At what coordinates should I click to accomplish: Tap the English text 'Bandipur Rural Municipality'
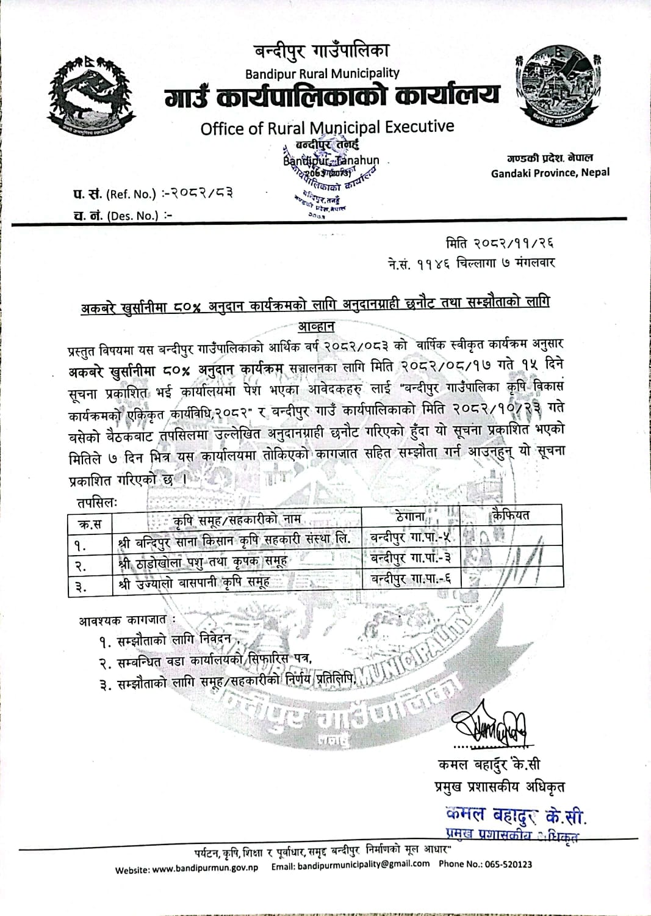[x=322, y=74]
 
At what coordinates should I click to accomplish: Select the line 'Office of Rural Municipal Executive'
[x=327, y=128]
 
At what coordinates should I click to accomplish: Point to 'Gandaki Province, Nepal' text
[x=550, y=173]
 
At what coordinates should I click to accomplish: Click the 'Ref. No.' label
[x=131, y=195]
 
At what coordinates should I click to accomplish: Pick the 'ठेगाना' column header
[x=410, y=517]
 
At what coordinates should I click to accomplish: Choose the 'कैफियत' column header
[x=511, y=515]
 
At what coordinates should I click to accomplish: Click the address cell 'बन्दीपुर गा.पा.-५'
[x=411, y=538]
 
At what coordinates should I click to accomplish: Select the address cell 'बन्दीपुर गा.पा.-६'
[x=411, y=579]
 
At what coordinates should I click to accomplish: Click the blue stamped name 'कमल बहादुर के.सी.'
[x=516, y=815]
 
